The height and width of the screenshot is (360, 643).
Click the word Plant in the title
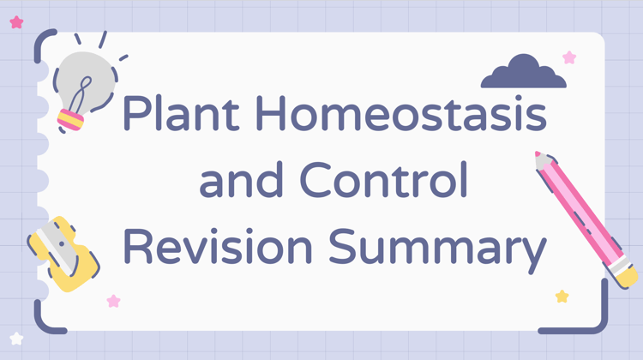click(x=181, y=113)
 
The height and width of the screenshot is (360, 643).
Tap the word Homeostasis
click(x=401, y=113)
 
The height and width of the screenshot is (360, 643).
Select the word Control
click(x=384, y=179)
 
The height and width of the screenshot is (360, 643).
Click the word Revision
click(x=218, y=246)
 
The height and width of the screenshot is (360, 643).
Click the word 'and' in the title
click(x=241, y=180)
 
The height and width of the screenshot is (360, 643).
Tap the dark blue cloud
click(x=524, y=71)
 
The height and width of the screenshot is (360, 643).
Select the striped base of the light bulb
click(x=70, y=120)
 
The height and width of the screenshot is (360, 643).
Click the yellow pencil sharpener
click(x=66, y=255)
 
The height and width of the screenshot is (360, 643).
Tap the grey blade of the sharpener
click(x=57, y=247)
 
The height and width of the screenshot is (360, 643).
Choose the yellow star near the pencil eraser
click(x=562, y=296)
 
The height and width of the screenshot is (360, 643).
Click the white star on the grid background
click(x=16, y=339)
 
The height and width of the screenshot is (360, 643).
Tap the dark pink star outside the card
click(x=16, y=22)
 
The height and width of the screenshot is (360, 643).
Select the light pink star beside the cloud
click(x=569, y=57)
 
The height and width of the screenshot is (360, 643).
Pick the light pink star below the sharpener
click(x=113, y=302)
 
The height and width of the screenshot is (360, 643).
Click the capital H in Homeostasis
click(x=270, y=113)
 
